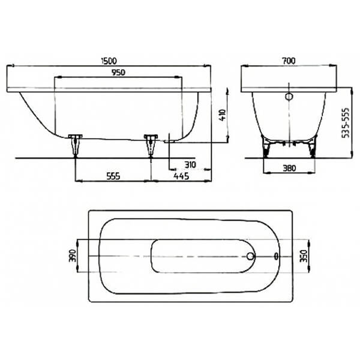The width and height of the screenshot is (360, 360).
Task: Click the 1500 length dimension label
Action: tap(109, 61)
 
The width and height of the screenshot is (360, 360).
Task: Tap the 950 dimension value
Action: tap(118, 73)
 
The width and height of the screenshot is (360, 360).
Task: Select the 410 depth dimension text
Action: tap(223, 115)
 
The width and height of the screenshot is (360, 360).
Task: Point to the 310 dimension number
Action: tap(190, 164)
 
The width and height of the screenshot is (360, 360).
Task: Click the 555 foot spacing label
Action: tap(113, 176)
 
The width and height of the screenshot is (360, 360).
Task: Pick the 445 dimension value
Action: tap(181, 176)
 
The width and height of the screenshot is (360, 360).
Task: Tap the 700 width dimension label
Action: tap(289, 61)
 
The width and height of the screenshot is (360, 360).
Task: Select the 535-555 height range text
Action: tap(346, 123)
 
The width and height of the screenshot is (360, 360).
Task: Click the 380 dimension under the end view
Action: tap(289, 168)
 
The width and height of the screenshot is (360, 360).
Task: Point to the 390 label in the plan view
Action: tap(73, 256)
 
